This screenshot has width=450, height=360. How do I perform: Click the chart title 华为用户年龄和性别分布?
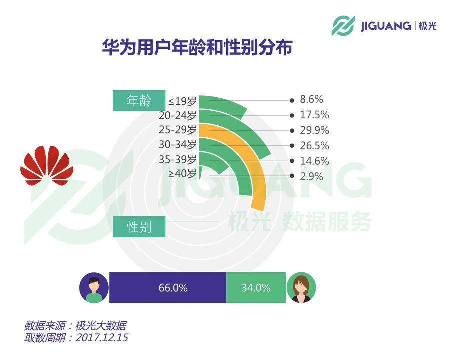click(x=197, y=47)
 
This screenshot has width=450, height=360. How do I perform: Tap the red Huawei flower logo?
click(x=47, y=165)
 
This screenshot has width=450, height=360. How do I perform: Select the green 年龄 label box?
click(x=139, y=101)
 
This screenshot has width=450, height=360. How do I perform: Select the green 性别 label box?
click(x=139, y=227)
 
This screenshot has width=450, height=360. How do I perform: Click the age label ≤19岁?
click(x=182, y=101)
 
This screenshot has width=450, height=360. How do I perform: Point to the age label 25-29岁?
click(x=178, y=130)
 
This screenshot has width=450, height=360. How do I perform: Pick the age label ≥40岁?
click(x=182, y=173)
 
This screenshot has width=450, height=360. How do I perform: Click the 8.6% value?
click(x=311, y=99)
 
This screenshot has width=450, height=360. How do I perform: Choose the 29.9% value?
click(x=314, y=130)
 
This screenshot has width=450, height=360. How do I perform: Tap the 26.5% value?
click(x=314, y=146)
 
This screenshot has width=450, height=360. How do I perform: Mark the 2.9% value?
click(x=311, y=176)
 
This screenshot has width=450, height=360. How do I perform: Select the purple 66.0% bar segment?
click(x=168, y=287)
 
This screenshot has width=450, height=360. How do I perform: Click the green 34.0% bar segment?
click(x=256, y=287)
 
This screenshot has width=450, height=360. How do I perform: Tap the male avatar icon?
click(x=94, y=288)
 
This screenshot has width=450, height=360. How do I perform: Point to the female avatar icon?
click(x=301, y=288)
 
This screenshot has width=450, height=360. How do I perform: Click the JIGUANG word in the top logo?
click(x=385, y=26)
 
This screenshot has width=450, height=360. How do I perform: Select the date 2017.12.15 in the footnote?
click(x=102, y=337)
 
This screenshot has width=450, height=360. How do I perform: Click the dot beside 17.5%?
click(x=292, y=115)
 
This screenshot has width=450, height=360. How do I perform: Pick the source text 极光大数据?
click(x=101, y=326)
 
